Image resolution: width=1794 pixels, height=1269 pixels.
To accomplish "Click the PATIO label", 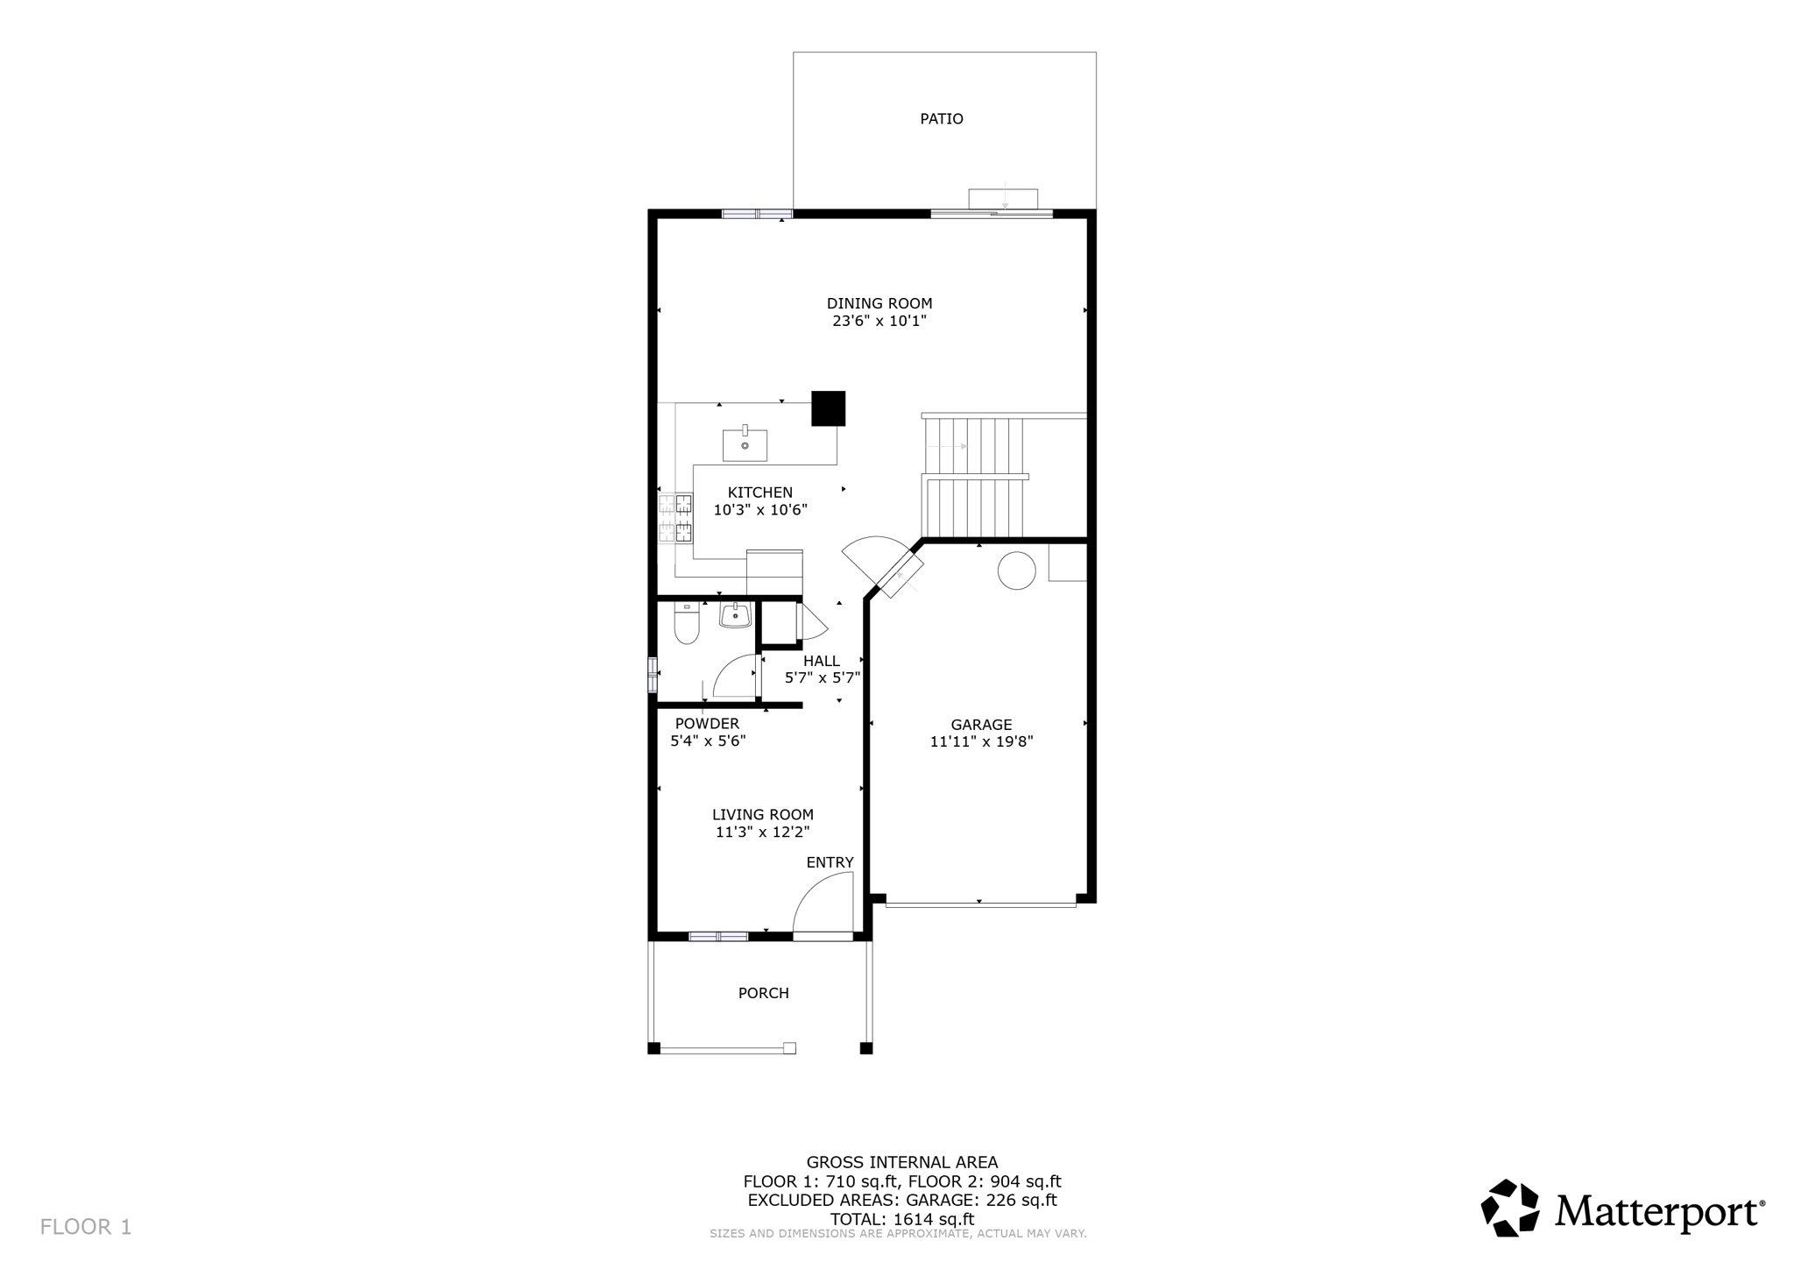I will pyautogui.click(x=941, y=119).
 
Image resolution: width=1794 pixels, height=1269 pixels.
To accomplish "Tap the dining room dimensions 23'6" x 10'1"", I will pyautogui.click(x=879, y=322).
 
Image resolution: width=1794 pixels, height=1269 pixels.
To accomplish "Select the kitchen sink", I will pyautogui.click(x=745, y=445).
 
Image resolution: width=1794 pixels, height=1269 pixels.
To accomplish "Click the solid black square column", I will pyautogui.click(x=828, y=408).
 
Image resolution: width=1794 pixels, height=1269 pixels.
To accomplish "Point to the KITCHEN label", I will pyautogui.click(x=759, y=493).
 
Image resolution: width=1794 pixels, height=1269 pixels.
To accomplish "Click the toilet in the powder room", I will pyautogui.click(x=687, y=624).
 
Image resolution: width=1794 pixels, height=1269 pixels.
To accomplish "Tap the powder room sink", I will pyautogui.click(x=735, y=616).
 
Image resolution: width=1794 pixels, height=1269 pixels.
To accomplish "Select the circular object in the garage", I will pyautogui.click(x=1016, y=571).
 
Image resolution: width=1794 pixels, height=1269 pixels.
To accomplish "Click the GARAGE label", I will pyautogui.click(x=981, y=725).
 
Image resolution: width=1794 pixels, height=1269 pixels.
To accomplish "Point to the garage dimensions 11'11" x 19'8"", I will pyautogui.click(x=981, y=741).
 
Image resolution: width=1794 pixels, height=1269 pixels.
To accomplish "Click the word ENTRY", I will pyautogui.click(x=830, y=862).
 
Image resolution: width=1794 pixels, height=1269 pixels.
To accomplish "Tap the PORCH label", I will pyautogui.click(x=763, y=993).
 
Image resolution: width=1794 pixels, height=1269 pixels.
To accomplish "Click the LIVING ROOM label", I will pyautogui.click(x=762, y=815).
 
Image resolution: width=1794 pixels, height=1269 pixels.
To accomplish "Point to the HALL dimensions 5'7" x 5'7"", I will pyautogui.click(x=822, y=677).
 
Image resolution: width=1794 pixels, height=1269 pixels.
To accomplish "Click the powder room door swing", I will pyautogui.click(x=734, y=677).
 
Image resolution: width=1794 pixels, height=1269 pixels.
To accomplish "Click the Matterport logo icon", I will pyautogui.click(x=1509, y=1208).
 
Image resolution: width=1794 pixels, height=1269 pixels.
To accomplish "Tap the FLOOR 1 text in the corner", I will pyautogui.click(x=86, y=1227).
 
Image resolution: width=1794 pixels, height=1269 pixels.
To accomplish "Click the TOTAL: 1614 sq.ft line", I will pyautogui.click(x=901, y=1219).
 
